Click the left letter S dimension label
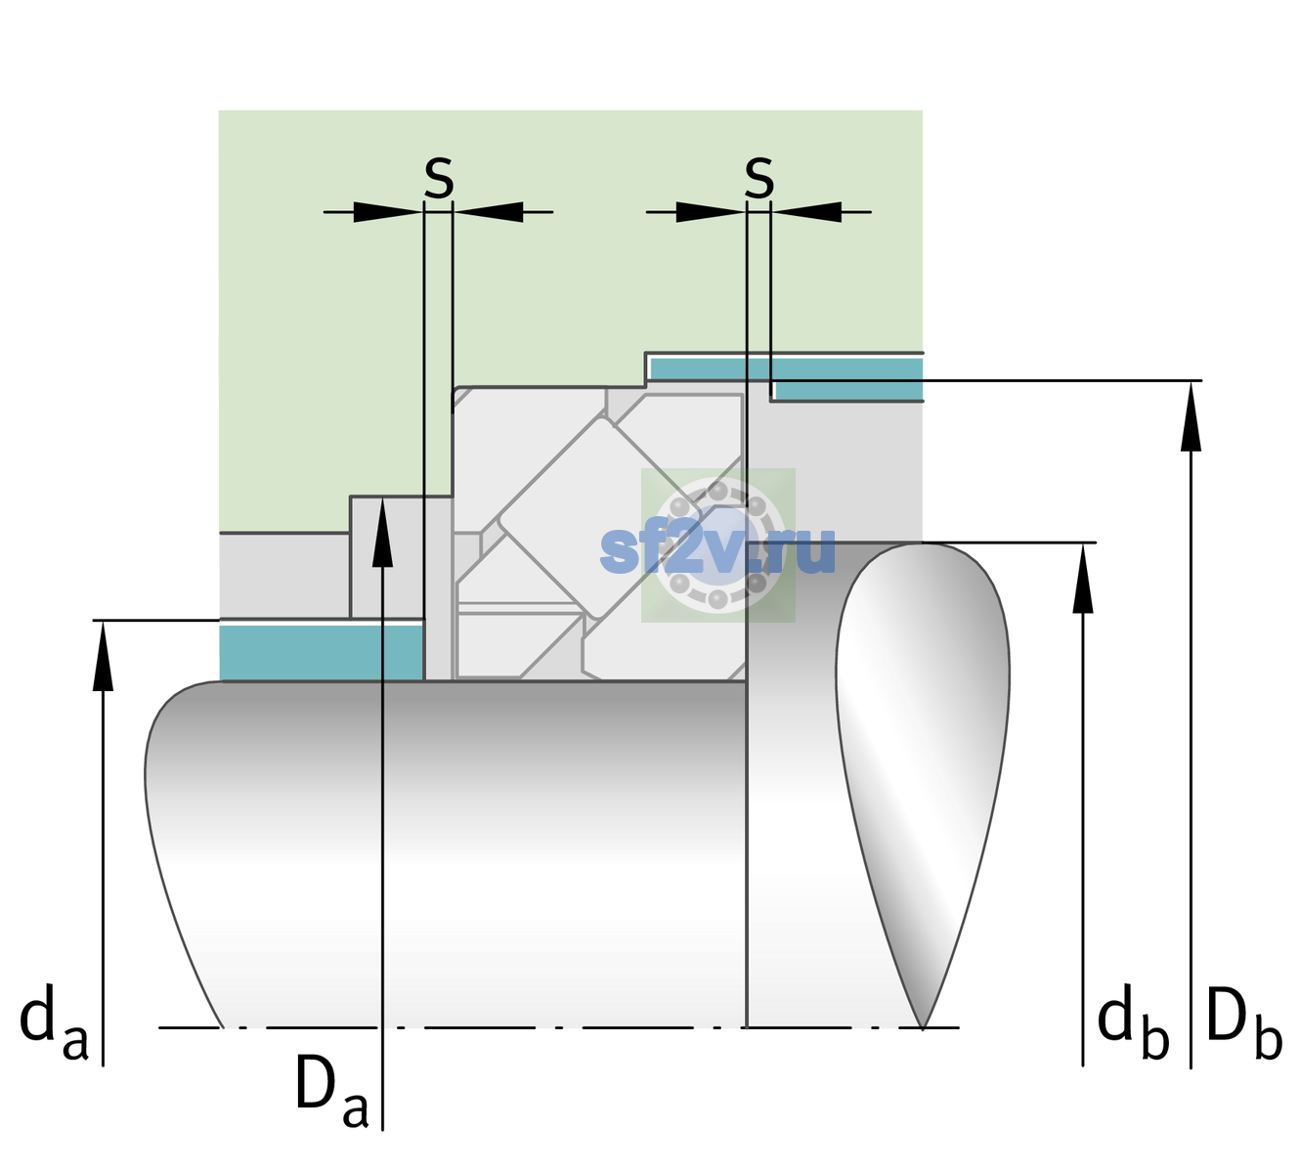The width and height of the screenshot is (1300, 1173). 439,178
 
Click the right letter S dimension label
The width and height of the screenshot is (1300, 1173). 758,178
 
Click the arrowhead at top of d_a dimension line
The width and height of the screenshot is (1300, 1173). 103,656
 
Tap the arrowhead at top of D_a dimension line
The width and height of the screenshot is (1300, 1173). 382,532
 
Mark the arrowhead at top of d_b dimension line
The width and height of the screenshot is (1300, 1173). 1082,578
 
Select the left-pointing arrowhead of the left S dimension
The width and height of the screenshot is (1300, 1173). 488,212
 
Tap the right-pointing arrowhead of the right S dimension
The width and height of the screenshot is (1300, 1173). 711,212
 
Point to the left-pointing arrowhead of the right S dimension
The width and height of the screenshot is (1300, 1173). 806,212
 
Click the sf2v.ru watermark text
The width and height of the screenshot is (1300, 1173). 717,551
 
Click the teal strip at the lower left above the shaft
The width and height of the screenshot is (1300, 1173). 322,652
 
